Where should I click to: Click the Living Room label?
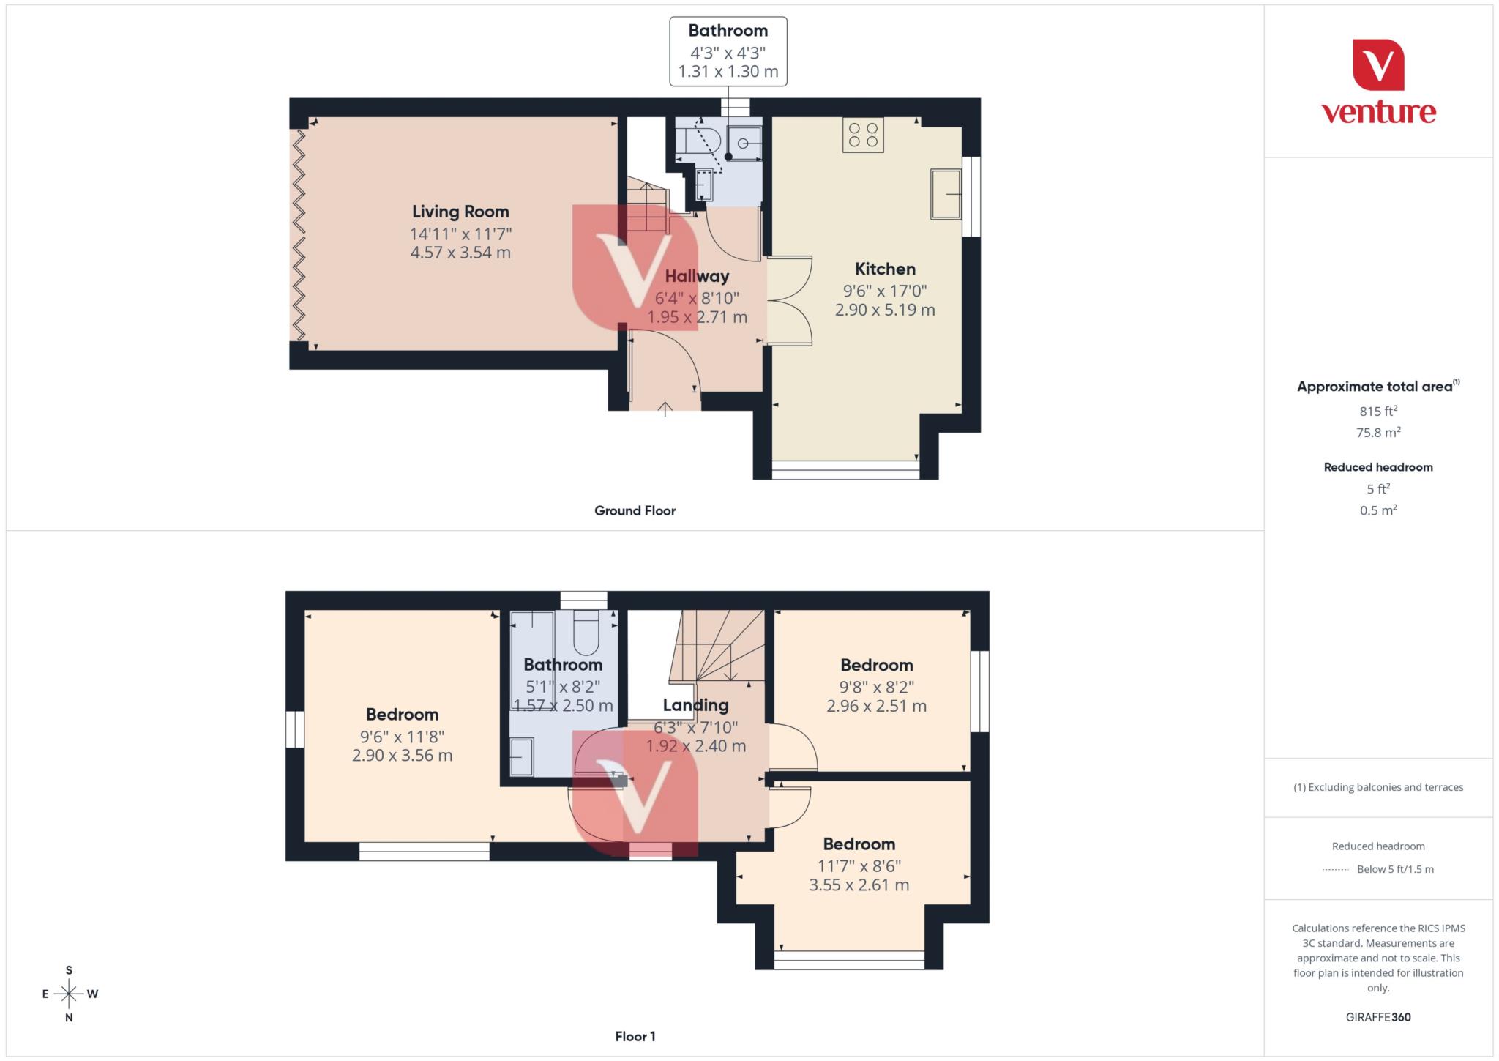(460, 212)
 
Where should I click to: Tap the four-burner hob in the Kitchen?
(863, 135)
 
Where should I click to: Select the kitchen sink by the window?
(946, 194)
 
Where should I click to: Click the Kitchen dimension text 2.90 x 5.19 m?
(885, 310)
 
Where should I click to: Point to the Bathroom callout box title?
(728, 31)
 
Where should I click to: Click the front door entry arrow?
(665, 409)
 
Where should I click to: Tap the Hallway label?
(697, 277)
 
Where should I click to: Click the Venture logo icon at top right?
(1378, 65)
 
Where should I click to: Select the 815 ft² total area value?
(1378, 412)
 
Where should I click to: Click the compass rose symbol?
(69, 994)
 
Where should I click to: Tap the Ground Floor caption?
(635, 511)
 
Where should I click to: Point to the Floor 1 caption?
(635, 1037)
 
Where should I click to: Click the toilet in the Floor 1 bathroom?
(586, 633)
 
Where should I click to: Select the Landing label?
(695, 706)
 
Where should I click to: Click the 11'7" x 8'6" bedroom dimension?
(859, 865)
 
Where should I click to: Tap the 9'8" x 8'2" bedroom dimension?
(876, 688)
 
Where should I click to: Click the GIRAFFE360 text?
(1377, 1017)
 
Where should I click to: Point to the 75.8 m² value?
(1378, 433)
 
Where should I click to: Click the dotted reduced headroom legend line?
(1336, 870)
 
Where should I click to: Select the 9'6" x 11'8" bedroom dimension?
(402, 737)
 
